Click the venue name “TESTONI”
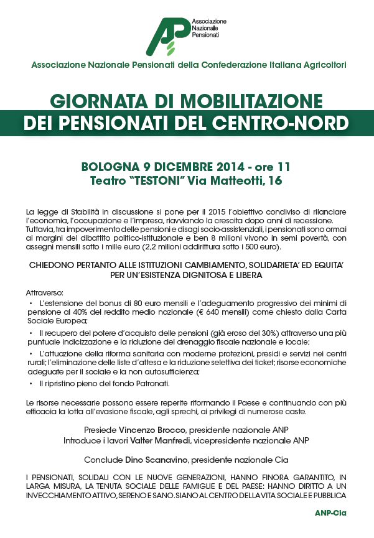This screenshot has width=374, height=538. pos(164,181)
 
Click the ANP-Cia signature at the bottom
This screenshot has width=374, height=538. pos(331,513)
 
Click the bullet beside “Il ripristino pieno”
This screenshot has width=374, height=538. pos(31,384)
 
